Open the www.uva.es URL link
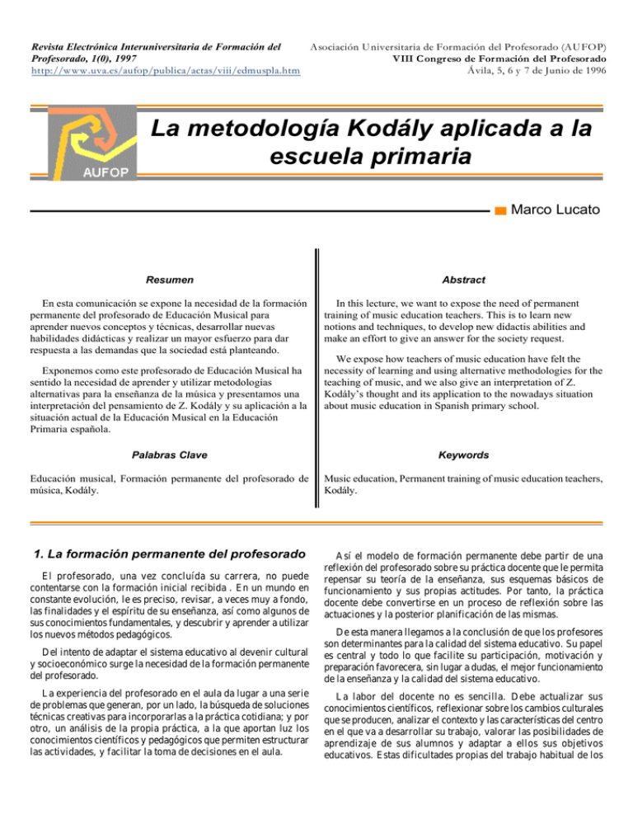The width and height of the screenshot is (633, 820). (x=164, y=73)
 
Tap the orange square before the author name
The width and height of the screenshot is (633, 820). (x=500, y=211)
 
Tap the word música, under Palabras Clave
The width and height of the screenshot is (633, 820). (x=48, y=491)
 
